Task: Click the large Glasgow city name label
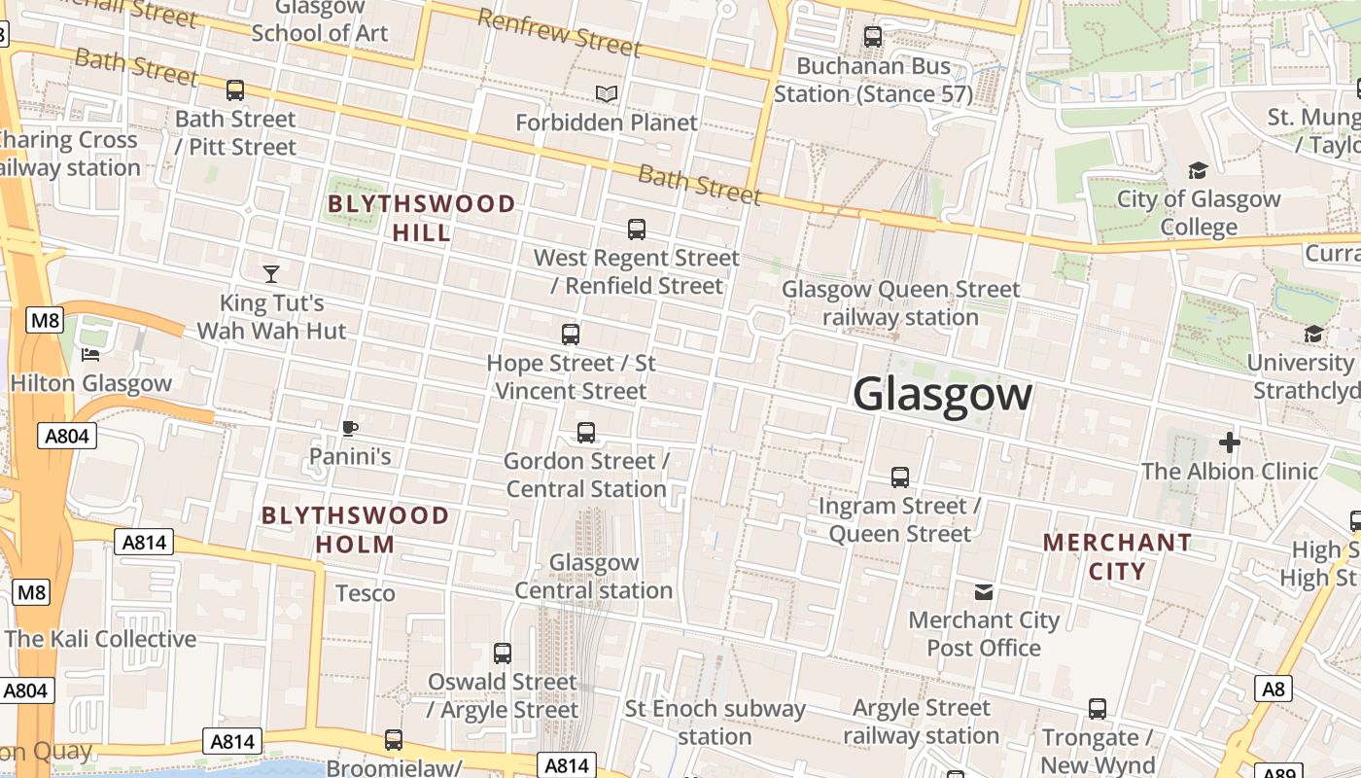pos(942,394)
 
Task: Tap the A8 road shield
pos(1273,690)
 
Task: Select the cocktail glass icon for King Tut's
pos(271,274)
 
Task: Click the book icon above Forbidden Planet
pos(607,93)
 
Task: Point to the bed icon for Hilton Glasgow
pos(90,355)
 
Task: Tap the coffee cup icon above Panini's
pos(350,428)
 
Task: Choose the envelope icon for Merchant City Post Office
pos(984,591)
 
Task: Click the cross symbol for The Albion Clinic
pos(1230,442)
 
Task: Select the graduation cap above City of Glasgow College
pos(1198,171)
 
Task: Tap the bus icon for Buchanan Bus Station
pos(873,38)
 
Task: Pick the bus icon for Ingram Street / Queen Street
pos(900,477)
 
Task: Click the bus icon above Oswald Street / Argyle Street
pos(503,654)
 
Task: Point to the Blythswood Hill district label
pos(422,218)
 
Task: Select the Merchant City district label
pos(1117,556)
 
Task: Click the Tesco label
pos(366,593)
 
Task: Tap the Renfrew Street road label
pos(559,31)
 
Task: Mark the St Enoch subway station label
pos(715,722)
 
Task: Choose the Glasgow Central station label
pos(593,576)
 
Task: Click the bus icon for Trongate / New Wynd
pos(1098,709)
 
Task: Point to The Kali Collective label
pos(101,639)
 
